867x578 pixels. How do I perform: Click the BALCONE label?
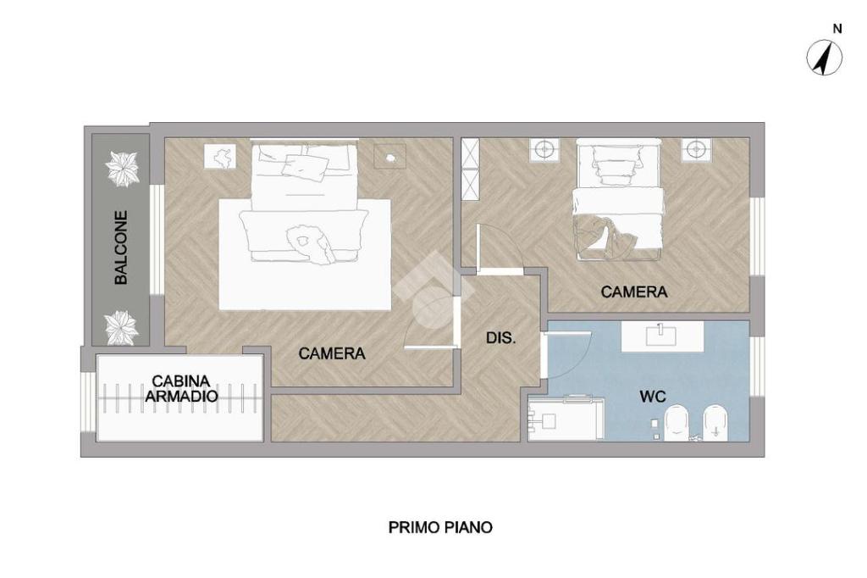tap(121, 247)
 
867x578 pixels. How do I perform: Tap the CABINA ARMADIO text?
tap(181, 389)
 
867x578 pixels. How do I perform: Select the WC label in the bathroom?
tap(653, 397)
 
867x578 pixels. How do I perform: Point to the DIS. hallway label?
tap(501, 337)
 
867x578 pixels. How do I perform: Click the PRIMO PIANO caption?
tap(440, 527)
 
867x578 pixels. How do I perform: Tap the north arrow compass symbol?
tap(825, 58)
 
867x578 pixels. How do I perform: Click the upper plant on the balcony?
tap(122, 169)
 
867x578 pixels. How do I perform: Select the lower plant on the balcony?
tap(121, 327)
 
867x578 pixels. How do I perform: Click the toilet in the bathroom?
tap(677, 424)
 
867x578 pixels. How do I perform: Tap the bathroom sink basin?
tap(662, 336)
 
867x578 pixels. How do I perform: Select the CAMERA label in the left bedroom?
tap(332, 353)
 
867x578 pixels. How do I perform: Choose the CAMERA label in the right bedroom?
tap(634, 292)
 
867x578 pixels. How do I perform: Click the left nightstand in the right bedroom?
tap(544, 149)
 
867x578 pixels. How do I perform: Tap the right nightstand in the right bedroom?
tap(696, 149)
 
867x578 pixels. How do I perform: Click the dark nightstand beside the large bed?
tap(389, 156)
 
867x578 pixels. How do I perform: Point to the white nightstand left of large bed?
tap(221, 156)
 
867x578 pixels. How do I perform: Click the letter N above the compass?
tap(837, 29)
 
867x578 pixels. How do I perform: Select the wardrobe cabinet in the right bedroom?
tap(470, 169)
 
